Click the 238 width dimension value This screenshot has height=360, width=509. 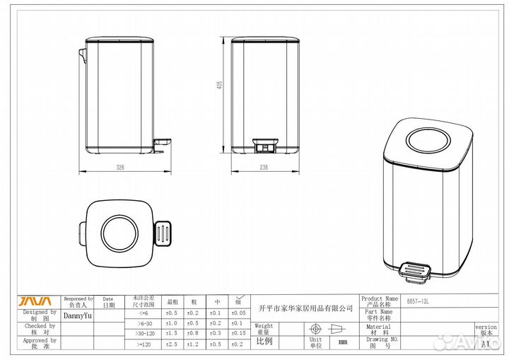[264, 168]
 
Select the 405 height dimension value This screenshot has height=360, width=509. [220, 85]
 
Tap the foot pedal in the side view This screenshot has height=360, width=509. [161, 145]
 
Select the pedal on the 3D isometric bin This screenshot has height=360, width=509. [416, 270]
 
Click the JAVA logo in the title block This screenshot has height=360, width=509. [33, 301]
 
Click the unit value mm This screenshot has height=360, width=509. [343, 342]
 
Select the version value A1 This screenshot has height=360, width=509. [486, 344]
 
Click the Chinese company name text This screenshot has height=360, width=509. [305, 308]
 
